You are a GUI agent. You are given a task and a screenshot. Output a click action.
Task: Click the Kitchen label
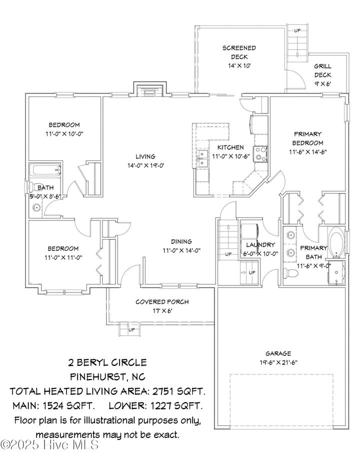[230, 147]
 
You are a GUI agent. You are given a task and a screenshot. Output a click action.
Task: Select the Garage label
[278, 353]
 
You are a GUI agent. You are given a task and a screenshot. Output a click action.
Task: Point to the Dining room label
[181, 241]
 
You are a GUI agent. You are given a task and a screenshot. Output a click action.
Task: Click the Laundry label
[260, 244]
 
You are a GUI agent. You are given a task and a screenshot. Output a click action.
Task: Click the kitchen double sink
[202, 158]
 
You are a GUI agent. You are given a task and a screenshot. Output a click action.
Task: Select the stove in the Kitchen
[260, 154]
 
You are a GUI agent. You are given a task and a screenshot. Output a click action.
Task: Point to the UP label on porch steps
[131, 330]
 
